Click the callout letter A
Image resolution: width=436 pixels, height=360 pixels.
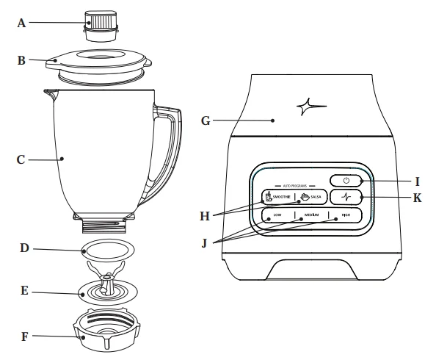21,23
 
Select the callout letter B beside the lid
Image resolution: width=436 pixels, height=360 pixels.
22,60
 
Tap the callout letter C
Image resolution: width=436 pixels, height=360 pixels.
21,157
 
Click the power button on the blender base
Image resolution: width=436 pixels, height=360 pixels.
345,180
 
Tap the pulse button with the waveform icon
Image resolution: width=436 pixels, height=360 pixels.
345,197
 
